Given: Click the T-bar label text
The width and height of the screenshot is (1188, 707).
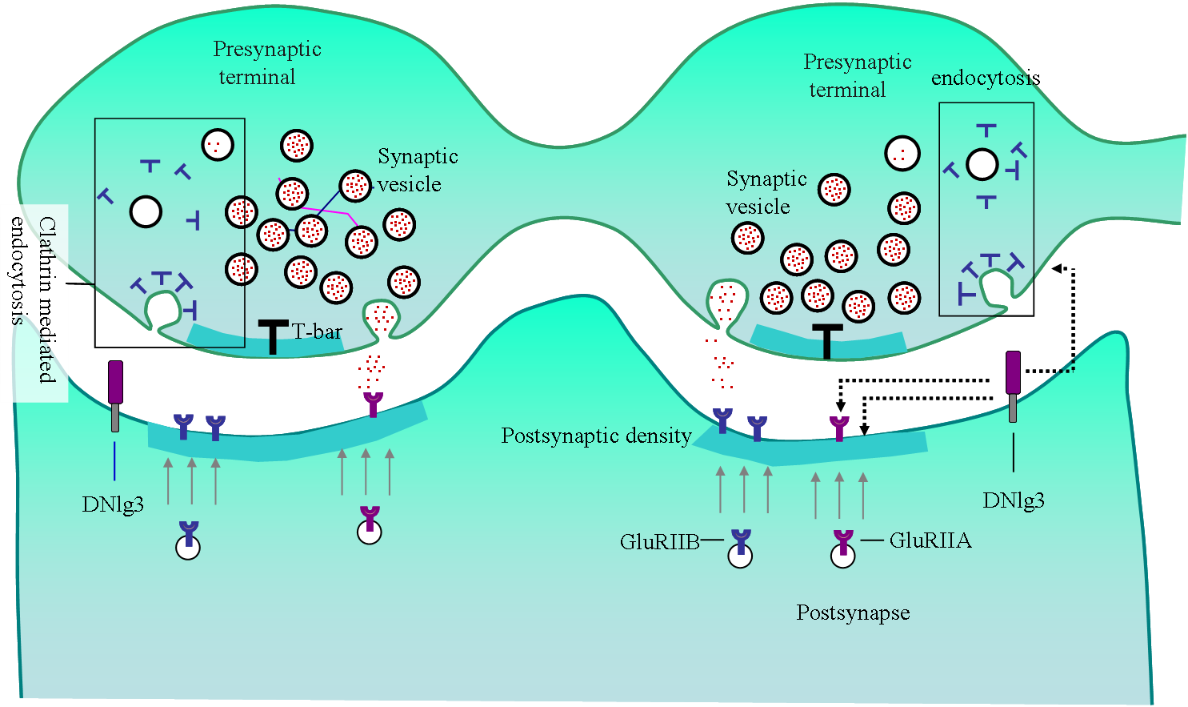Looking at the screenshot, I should [x=317, y=331].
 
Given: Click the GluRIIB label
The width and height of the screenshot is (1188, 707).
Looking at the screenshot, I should [x=659, y=542].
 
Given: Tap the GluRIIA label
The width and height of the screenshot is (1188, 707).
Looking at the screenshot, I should [x=930, y=541].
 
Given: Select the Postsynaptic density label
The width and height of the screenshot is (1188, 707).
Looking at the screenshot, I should [x=596, y=436].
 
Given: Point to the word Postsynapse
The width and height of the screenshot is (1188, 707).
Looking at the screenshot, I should [x=853, y=613].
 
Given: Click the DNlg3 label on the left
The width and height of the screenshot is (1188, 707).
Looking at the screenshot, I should [x=113, y=504].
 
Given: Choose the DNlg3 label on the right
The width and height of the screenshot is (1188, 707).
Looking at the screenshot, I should [x=1014, y=501].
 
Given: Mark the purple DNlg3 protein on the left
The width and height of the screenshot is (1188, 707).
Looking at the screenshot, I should [x=115, y=382].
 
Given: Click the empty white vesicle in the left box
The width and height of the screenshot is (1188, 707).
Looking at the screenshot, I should [x=146, y=212].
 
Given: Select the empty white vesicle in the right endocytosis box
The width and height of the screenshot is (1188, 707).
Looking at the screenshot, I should [x=982, y=165].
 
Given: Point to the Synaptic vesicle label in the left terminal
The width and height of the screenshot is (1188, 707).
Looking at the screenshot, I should [x=416, y=171].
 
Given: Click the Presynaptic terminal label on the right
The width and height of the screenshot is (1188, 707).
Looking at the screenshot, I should [x=856, y=76].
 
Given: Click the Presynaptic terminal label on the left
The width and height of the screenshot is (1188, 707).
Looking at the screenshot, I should [x=266, y=63].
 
